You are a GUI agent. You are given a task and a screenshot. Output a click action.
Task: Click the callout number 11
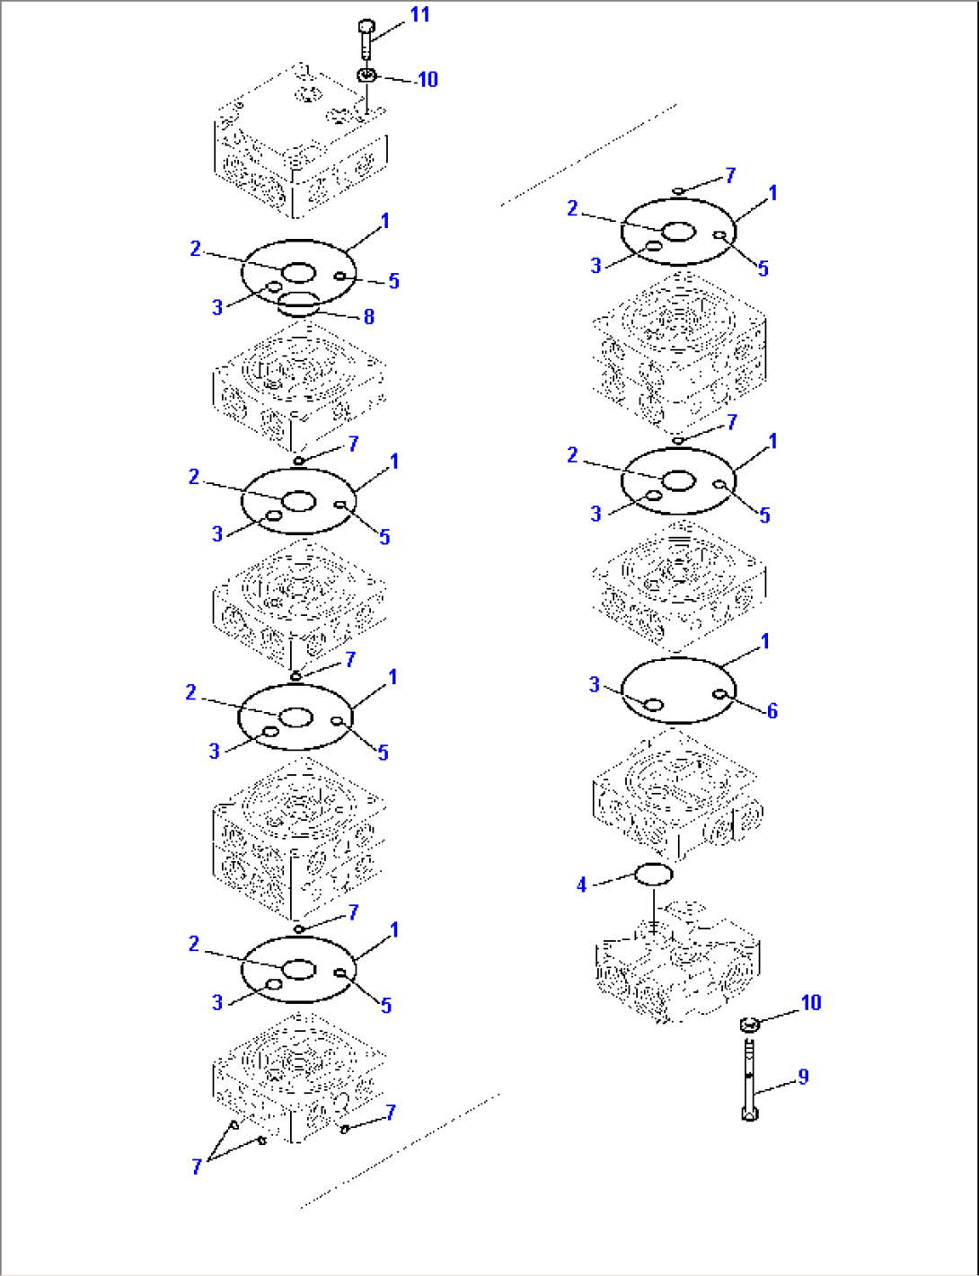click(x=419, y=15)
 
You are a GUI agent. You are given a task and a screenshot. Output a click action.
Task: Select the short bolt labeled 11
click(x=365, y=40)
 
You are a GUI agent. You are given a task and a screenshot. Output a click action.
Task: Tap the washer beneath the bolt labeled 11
click(x=366, y=76)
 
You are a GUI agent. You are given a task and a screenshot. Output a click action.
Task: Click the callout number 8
click(x=368, y=316)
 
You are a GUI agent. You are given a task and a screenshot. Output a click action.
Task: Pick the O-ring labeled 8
click(x=298, y=304)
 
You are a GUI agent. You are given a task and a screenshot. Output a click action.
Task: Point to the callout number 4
click(x=581, y=885)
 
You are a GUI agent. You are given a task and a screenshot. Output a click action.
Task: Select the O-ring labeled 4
click(x=653, y=874)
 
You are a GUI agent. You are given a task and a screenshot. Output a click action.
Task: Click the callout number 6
click(x=772, y=711)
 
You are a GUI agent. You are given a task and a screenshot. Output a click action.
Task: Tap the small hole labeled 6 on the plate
click(x=719, y=693)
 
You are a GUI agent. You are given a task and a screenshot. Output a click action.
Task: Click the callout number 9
click(x=803, y=1077)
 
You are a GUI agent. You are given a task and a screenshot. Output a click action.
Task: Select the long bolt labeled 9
click(x=749, y=1078)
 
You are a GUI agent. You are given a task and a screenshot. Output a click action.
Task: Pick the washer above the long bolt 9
click(x=749, y=1024)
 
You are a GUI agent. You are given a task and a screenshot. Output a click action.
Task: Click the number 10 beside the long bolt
click(x=810, y=1003)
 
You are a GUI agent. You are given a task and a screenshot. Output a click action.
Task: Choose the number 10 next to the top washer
click(x=427, y=80)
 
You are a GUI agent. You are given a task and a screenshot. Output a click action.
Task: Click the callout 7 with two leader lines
click(x=197, y=1166)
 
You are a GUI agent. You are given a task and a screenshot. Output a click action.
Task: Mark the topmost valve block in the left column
click(x=301, y=144)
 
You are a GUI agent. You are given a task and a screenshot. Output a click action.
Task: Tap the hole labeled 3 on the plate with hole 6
click(x=655, y=705)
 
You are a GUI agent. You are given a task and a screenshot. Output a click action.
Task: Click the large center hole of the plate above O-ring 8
click(x=298, y=273)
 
